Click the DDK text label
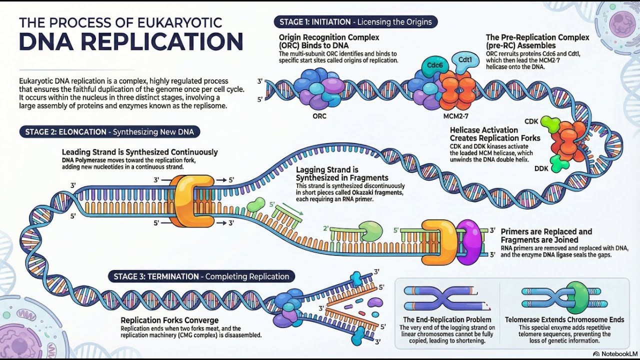541,168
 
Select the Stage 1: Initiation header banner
355,22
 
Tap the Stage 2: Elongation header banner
110,132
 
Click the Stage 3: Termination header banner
201,276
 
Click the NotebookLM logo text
616,353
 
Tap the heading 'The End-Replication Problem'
447,319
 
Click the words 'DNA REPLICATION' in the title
131,41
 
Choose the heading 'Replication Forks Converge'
169,320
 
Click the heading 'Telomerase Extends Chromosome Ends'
564,319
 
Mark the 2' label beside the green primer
325,228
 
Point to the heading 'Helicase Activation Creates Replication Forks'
494,134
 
